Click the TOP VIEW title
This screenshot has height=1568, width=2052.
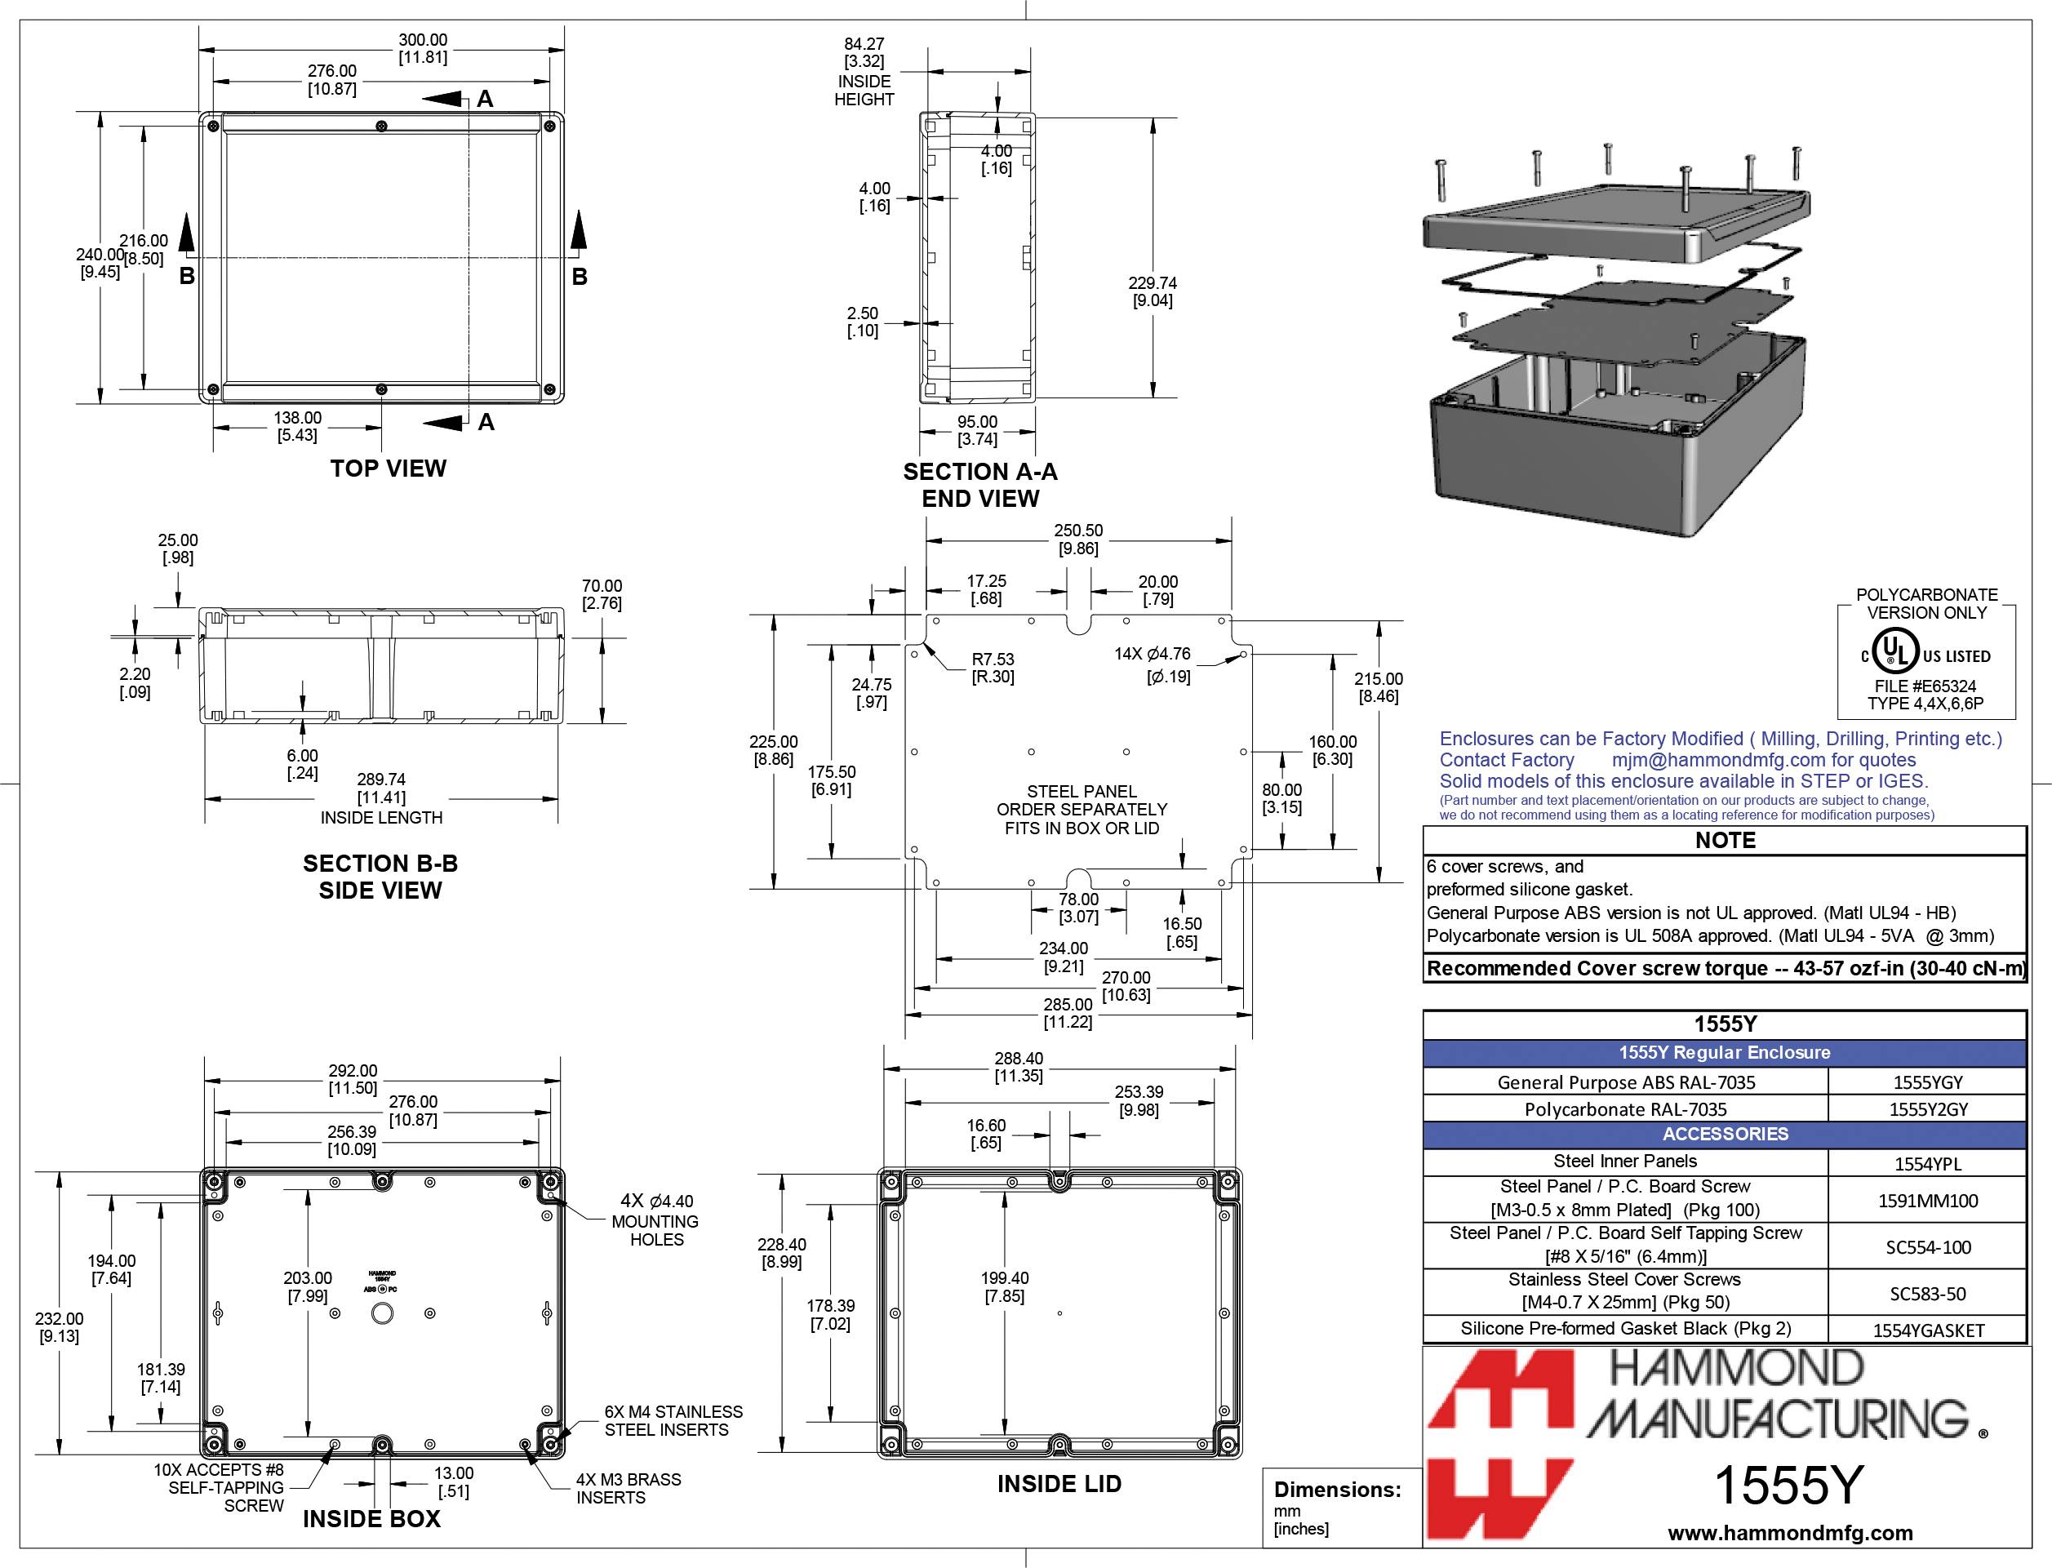[389, 469]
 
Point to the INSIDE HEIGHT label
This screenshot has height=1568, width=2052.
[864, 91]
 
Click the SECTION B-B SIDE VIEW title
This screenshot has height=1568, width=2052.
[380, 877]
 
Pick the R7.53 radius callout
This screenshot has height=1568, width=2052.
[993, 669]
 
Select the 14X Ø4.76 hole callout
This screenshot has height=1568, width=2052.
[1153, 664]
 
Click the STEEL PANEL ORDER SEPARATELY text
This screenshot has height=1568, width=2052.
[1082, 809]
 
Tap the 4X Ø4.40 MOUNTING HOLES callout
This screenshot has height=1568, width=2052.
[657, 1219]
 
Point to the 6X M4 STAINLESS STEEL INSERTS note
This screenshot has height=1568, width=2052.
[673, 1420]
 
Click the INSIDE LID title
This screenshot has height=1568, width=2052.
[1059, 1484]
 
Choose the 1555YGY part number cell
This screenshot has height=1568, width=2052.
[1927, 1082]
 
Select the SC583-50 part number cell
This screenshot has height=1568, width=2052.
[1927, 1294]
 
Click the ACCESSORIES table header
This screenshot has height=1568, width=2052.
[1725, 1134]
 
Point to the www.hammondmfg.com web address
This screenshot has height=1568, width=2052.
[1790, 1533]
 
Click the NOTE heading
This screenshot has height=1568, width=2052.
[1725, 840]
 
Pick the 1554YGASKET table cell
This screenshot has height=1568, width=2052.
[1927, 1330]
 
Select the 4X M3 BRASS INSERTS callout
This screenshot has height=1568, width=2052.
[628, 1489]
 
